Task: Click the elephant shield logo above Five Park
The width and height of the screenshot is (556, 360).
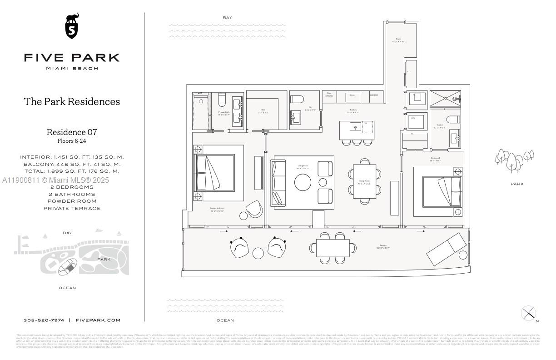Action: click(x=72, y=26)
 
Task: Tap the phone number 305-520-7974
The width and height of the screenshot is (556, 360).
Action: click(x=44, y=320)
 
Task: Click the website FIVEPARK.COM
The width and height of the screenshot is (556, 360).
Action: click(x=98, y=320)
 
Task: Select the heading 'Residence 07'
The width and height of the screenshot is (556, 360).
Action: click(x=72, y=132)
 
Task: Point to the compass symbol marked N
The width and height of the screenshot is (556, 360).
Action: click(x=528, y=313)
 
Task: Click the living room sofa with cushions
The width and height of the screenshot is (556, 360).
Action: click(x=278, y=182)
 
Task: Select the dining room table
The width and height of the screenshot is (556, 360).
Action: click(x=365, y=181)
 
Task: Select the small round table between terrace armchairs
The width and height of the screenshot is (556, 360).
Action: click(x=258, y=253)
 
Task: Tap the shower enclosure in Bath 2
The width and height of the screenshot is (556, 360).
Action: click(x=445, y=98)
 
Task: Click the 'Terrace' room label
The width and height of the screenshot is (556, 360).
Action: click(x=383, y=245)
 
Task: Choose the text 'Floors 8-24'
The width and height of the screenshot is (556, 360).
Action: click(x=72, y=141)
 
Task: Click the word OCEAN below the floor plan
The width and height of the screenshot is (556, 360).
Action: click(x=225, y=320)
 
